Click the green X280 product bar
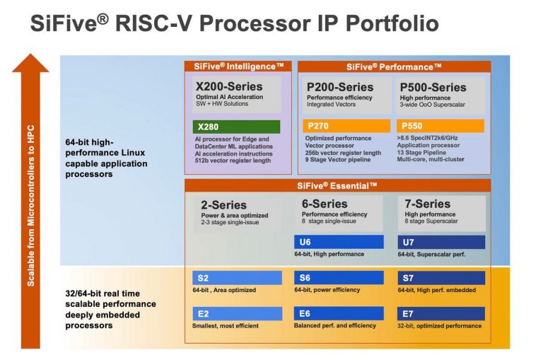click(x=236, y=127)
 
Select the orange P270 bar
click(x=345, y=126)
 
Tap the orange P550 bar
click(x=441, y=126)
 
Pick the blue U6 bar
click(x=338, y=242)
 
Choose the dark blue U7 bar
click(x=441, y=242)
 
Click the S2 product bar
click(x=236, y=277)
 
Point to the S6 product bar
click(x=338, y=277)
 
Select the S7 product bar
click(x=441, y=277)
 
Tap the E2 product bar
click(x=236, y=313)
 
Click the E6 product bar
click(x=338, y=313)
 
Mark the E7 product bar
click(x=441, y=313)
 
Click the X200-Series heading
click(x=228, y=86)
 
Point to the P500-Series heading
click(x=433, y=87)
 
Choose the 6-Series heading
click(x=325, y=203)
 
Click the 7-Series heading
click(x=428, y=203)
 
